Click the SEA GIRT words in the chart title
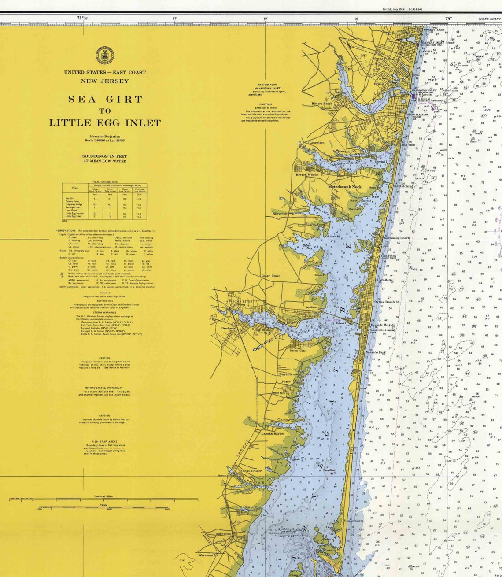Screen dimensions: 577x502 (x=105, y=99)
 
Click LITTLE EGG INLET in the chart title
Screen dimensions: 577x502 (x=105, y=123)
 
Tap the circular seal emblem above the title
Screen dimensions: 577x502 (x=105, y=55)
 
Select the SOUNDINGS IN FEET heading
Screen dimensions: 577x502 (x=105, y=156)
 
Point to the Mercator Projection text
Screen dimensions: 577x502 (x=105, y=137)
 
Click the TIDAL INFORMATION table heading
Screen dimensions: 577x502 (x=105, y=182)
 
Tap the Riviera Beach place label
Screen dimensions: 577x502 (x=322, y=104)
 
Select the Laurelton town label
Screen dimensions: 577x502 (x=317, y=143)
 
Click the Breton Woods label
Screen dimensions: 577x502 (x=307, y=175)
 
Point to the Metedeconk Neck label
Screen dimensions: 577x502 (x=345, y=187)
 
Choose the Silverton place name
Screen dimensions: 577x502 (x=280, y=214)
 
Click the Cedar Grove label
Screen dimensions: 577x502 (x=270, y=276)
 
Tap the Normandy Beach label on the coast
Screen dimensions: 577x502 (x=396, y=238)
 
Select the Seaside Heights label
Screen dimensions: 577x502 (x=382, y=325)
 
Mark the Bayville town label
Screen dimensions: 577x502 (x=285, y=374)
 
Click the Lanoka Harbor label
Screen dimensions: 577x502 (x=273, y=433)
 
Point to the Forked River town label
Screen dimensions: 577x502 (x=251, y=471)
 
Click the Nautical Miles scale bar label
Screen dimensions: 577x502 (x=104, y=496)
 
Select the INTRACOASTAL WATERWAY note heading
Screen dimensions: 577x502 (x=105, y=388)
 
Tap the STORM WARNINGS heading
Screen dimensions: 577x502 (x=105, y=312)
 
